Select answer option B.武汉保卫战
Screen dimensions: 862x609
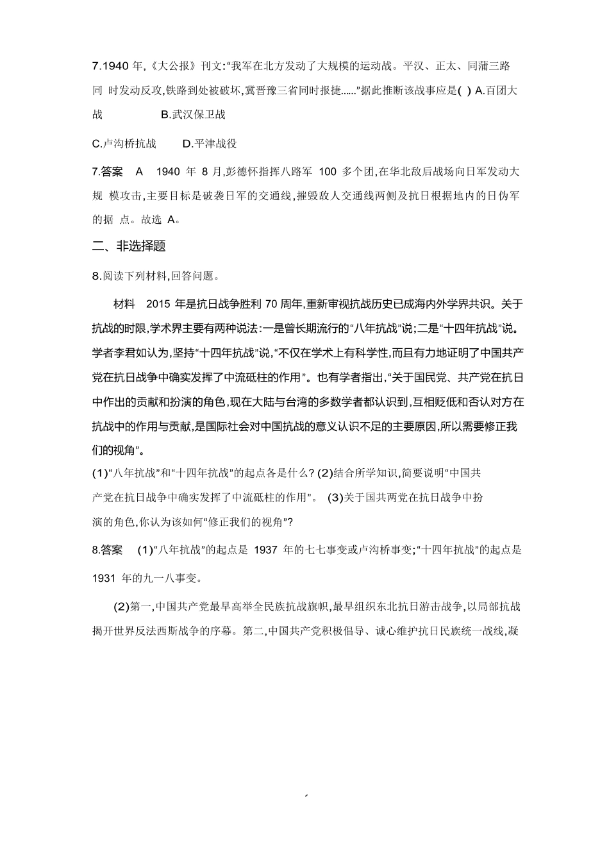click(x=194, y=115)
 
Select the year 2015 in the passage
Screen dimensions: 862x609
click(x=160, y=303)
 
